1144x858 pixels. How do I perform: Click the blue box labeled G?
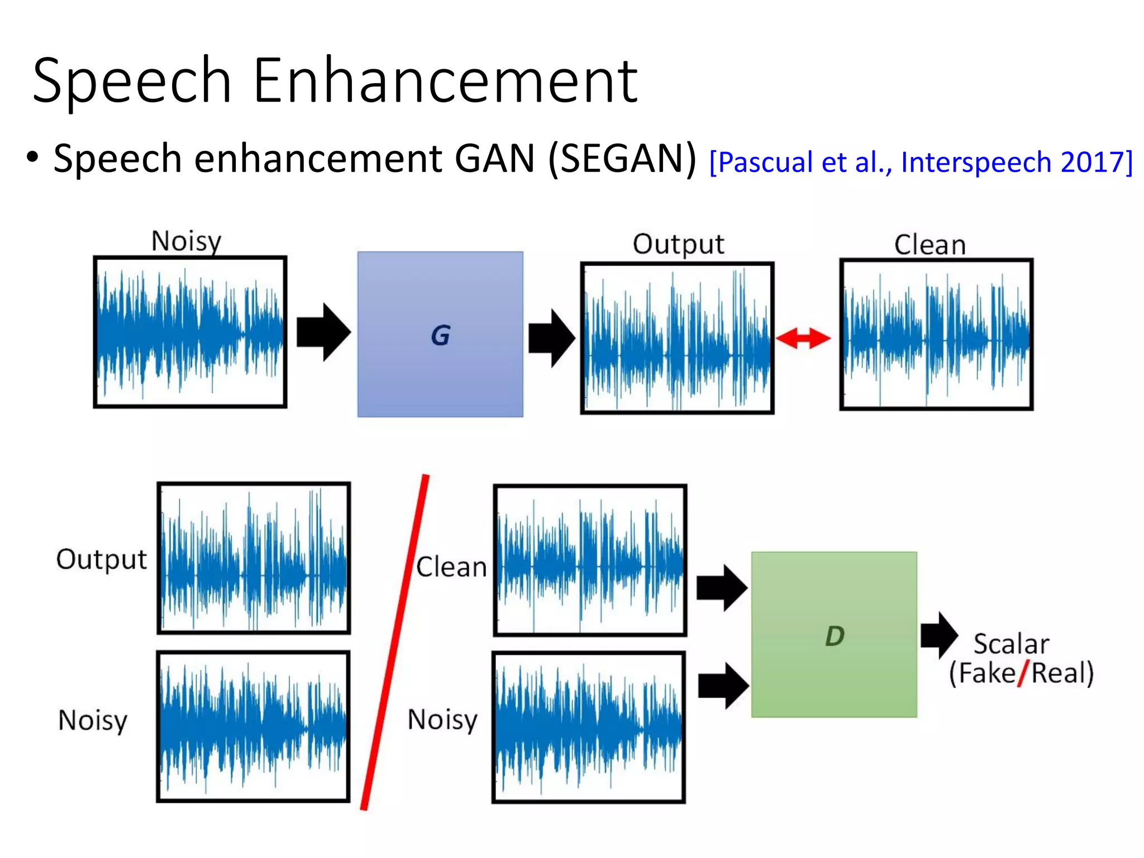(440, 334)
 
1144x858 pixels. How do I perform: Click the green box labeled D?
(834, 635)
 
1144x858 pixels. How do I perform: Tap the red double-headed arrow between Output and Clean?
(803, 339)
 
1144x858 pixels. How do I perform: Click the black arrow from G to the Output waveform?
(552, 338)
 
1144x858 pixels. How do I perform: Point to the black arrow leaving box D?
(939, 635)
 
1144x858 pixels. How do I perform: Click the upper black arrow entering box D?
(722, 588)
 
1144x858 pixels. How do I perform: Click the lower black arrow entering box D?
(723, 685)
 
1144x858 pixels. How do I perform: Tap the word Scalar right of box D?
(1011, 644)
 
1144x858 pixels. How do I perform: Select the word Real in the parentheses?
(1057, 673)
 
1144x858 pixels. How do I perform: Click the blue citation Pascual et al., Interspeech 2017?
(921, 162)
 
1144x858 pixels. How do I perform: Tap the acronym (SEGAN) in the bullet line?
(622, 159)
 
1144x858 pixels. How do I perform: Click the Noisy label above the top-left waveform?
(187, 241)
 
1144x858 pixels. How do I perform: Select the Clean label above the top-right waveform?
(930, 245)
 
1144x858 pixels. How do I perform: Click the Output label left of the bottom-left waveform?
(102, 559)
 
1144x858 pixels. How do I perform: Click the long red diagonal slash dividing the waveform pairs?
(394, 642)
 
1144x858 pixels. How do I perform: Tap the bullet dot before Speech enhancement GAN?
(32, 157)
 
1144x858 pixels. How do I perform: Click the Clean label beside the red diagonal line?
(451, 567)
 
